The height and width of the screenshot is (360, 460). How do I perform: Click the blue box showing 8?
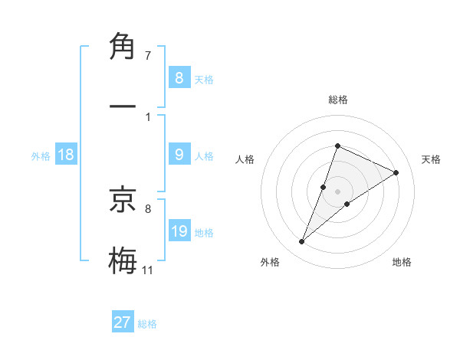pos(179,78)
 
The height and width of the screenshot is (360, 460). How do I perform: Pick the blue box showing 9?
pos(179,155)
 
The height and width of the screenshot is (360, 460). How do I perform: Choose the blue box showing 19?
pos(179,231)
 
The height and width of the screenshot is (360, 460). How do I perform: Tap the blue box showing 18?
pos(66,155)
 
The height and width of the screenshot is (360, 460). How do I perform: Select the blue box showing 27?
pos(123,322)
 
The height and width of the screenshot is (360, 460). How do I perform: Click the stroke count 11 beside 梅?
pos(148,270)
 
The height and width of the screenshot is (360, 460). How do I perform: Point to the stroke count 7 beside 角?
pos(148,56)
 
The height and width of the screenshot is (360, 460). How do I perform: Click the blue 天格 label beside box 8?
pos(204,79)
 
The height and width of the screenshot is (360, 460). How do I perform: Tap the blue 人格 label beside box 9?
pos(204,155)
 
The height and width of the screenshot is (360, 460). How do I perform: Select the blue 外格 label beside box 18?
pos(41,155)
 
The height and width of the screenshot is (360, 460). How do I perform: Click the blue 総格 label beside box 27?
pos(147,323)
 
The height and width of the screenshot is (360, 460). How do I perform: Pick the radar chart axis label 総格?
pos(337,100)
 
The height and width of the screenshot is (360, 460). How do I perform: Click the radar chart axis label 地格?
pos(402,262)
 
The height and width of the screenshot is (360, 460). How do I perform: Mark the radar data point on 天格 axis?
pos(396,172)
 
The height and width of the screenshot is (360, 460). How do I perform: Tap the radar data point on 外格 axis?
pos(301,242)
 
